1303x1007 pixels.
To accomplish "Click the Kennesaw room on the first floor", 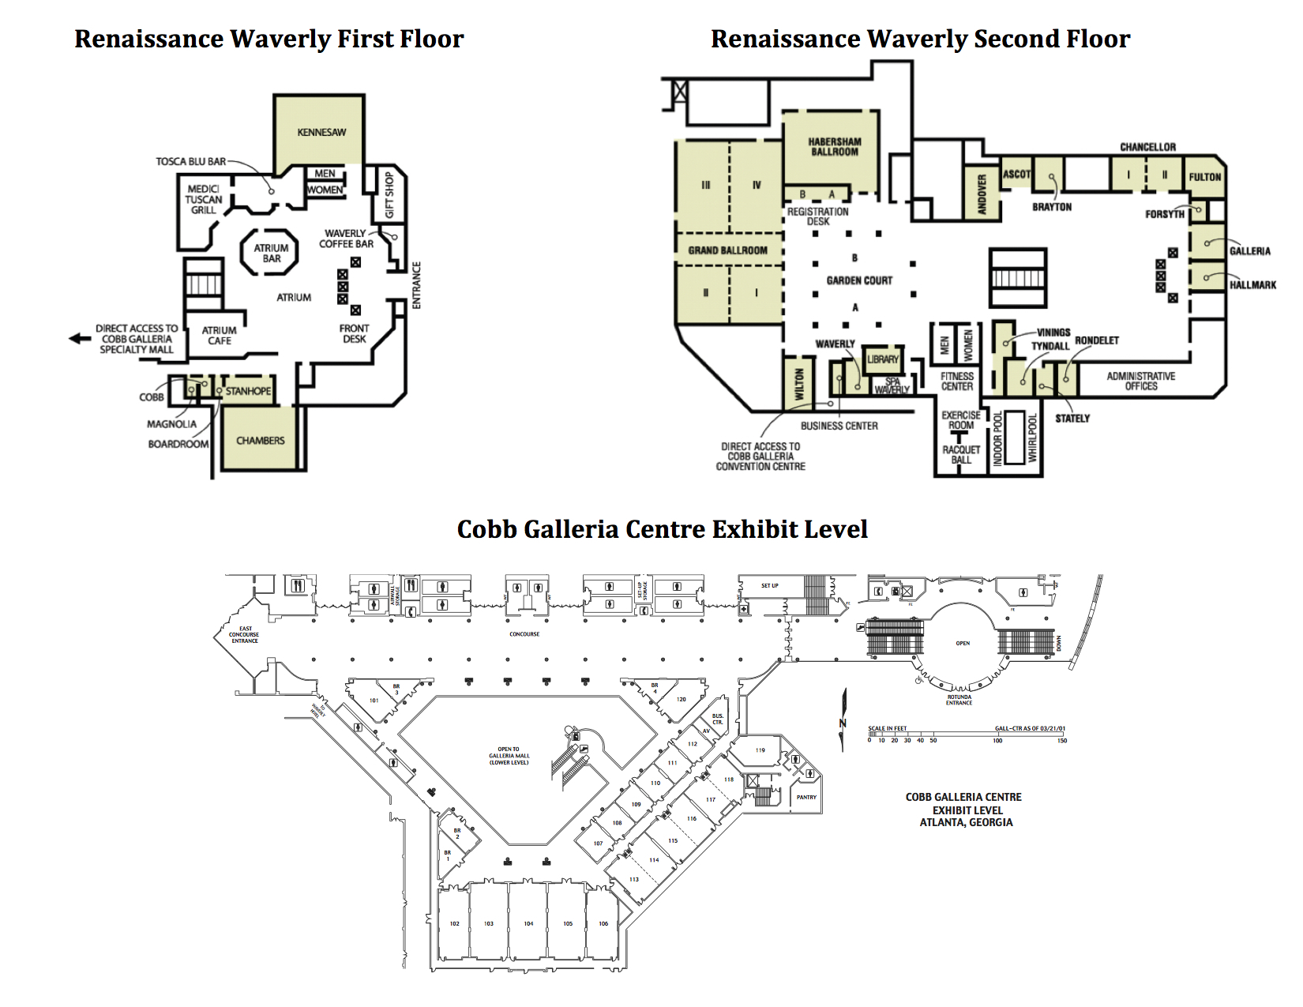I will pyautogui.click(x=321, y=132).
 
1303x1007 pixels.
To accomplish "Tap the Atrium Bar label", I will pyautogui.click(x=271, y=253).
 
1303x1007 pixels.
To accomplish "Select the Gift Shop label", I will pyautogui.click(x=389, y=195).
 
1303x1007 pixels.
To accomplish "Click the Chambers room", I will pyautogui.click(x=260, y=440).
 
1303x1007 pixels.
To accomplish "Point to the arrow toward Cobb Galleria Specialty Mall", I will pyautogui.click(x=80, y=338).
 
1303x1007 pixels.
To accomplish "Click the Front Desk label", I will pyautogui.click(x=354, y=333).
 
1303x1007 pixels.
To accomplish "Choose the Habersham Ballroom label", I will pyautogui.click(x=834, y=147).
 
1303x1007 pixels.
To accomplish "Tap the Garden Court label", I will pyautogui.click(x=859, y=280).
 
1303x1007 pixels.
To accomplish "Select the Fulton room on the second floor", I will pyautogui.click(x=1204, y=177).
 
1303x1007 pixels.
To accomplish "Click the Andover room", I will pyautogui.click(x=982, y=194).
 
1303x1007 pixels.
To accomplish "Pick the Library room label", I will pyautogui.click(x=882, y=359).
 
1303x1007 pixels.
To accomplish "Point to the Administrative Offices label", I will pyautogui.click(x=1140, y=381).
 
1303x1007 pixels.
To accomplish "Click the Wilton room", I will pyautogui.click(x=798, y=384).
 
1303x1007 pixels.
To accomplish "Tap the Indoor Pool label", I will pyautogui.click(x=998, y=438).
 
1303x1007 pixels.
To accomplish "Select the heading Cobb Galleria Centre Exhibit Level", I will pyautogui.click(x=662, y=528).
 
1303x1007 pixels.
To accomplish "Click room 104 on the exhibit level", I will pyautogui.click(x=528, y=922).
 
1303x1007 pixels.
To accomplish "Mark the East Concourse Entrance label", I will pyautogui.click(x=244, y=634).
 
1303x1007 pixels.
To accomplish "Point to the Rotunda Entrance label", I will pyautogui.click(x=959, y=700).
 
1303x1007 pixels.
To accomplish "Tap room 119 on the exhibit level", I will pyautogui.click(x=760, y=750).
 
